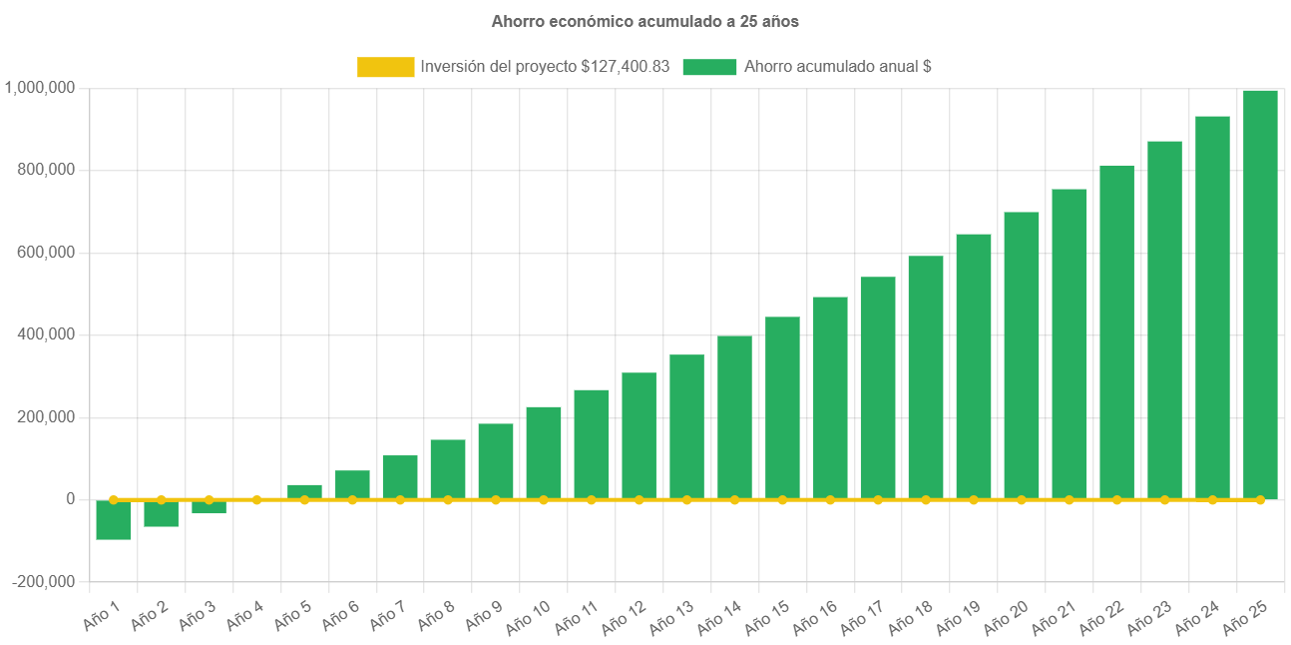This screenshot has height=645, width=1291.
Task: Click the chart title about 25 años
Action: pos(645,21)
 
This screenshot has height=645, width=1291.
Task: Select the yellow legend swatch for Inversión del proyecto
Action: pos(385,67)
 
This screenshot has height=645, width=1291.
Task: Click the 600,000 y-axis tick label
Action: pos(46,253)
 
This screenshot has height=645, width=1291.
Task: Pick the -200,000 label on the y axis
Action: pos(43,582)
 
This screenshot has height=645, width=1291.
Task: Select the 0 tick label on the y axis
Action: pos(70,499)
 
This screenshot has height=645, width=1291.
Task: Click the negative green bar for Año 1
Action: pos(114,520)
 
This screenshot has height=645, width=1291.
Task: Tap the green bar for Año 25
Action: pos(1260,295)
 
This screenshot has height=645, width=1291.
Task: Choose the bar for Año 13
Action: pos(686,426)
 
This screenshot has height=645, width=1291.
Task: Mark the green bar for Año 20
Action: pos(1021,354)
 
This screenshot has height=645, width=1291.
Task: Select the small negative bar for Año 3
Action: pos(210,507)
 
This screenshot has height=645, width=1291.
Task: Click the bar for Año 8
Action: pos(448,469)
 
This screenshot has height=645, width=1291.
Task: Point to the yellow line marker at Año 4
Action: pos(256,499)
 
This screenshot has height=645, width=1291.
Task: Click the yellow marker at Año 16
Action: pos(830,499)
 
